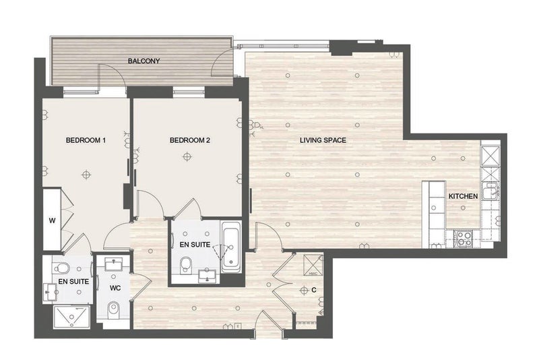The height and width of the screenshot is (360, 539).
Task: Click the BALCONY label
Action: coord(144,61)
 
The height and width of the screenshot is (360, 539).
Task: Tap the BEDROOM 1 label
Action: coord(86,140)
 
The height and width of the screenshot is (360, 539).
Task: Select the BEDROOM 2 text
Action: coord(190,140)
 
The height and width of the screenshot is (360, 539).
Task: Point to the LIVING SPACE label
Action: coord(323,140)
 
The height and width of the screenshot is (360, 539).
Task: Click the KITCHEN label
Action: coord(463,196)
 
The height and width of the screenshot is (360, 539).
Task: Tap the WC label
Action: coord(115,288)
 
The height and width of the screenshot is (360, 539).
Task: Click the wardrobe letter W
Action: coord(52,220)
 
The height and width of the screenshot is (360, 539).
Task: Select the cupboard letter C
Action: coord(314,290)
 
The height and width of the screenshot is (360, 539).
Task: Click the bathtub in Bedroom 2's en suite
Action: coord(231,247)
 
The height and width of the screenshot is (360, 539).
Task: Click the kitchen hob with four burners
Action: coord(464,239)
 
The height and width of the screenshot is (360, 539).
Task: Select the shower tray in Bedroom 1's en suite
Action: coord(71,317)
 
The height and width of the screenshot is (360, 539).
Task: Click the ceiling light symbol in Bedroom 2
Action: coord(187,157)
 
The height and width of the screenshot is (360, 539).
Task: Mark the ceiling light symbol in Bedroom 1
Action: coord(86,175)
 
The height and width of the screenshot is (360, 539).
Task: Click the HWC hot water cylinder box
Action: coord(313,265)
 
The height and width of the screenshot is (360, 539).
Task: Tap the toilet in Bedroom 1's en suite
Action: coord(62,268)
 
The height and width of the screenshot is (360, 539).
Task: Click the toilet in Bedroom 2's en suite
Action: coord(186,265)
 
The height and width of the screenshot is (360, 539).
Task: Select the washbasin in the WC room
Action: coord(113,265)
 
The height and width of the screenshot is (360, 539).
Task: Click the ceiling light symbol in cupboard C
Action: coord(304,291)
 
